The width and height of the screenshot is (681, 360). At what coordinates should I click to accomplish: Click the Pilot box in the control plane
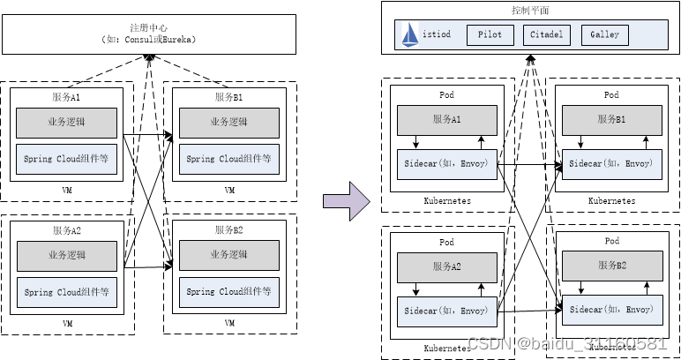pos(490,34)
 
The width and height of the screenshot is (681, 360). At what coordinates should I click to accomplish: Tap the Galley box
pos(604,34)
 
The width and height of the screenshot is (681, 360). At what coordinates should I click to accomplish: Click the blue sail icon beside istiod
pos(410,34)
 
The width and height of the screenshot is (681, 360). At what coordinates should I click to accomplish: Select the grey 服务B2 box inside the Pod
pos(611,264)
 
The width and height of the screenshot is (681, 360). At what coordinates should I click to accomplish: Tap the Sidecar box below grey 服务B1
pos(611,164)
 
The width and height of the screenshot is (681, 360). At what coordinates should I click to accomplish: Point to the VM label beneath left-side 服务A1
pos(68,191)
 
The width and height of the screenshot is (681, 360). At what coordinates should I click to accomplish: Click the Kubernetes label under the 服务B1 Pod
pos(611,201)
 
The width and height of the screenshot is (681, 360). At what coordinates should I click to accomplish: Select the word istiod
pos(438,34)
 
